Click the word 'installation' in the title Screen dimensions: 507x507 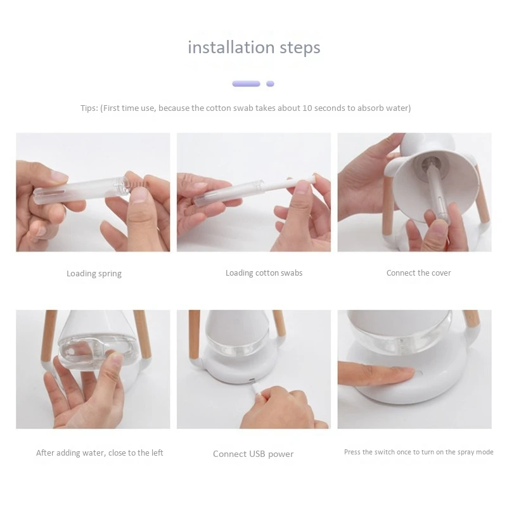tap(231, 47)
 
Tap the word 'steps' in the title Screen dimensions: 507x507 tap(300, 48)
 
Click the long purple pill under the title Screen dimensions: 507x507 tap(246, 84)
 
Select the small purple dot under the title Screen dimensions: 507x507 tap(270, 84)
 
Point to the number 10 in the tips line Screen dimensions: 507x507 tap(307, 108)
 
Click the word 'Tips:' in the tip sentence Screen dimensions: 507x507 tap(89, 108)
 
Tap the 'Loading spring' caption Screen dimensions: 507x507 tap(94, 274)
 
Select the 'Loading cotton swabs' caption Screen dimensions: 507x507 tap(264, 273)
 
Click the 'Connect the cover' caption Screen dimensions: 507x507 tap(418, 273)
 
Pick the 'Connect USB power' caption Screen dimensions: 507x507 tap(253, 454)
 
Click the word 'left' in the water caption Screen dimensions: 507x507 tap(157, 452)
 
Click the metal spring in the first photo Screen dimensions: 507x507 tap(135, 185)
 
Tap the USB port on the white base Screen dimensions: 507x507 tap(251, 379)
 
